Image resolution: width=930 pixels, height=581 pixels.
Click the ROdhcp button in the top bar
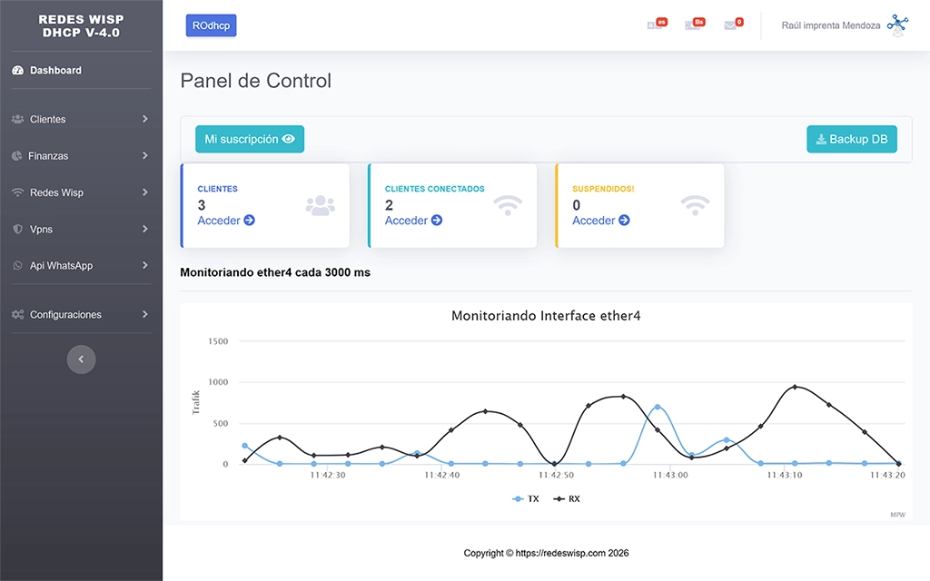211,25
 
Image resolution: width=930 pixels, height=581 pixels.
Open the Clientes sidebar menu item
48,119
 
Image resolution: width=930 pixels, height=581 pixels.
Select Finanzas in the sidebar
48,156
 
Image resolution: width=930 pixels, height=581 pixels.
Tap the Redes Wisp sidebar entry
56,192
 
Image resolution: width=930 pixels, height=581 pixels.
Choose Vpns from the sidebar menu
41,230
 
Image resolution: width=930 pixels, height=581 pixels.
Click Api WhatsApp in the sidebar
61,266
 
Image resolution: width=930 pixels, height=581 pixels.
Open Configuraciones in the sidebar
65,315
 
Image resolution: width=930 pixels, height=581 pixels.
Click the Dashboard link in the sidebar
55,70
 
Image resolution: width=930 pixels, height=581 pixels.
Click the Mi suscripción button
250,140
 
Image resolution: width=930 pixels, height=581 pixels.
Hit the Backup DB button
851,140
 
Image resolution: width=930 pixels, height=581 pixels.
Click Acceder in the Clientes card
226,221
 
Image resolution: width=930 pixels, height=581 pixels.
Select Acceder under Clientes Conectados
413,221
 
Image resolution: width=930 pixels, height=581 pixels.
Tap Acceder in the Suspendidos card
600,221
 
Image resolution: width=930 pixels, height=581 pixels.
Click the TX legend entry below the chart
527,499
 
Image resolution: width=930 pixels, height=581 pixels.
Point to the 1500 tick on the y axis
218,341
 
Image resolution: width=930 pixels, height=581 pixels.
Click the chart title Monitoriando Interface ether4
546,317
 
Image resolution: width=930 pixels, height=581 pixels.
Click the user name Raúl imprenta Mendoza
830,25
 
